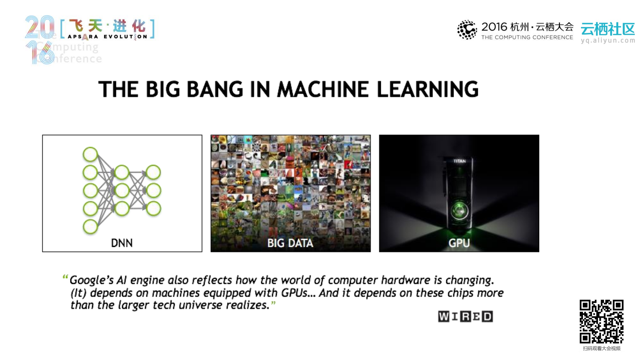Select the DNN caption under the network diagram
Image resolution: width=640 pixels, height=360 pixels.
click(x=122, y=243)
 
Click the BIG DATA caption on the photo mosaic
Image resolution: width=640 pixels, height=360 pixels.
click(x=290, y=243)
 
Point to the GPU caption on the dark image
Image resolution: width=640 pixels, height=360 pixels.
click(x=459, y=243)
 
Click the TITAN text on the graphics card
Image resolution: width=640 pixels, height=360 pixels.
click(x=459, y=161)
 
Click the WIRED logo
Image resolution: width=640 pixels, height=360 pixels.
click(x=465, y=316)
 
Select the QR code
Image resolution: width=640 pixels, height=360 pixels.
click(x=601, y=321)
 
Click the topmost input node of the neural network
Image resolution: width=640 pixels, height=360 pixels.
click(x=90, y=154)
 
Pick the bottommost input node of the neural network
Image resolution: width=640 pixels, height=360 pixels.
click(x=90, y=227)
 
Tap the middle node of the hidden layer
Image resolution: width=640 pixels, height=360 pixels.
click(x=122, y=191)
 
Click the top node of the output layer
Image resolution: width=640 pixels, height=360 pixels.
click(x=153, y=172)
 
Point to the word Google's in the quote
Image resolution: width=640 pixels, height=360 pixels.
click(x=89, y=280)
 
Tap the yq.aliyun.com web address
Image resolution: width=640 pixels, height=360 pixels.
click(x=608, y=40)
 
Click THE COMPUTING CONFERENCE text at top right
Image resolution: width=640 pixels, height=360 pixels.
click(x=527, y=37)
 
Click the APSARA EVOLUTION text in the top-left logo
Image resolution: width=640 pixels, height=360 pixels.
click(x=107, y=37)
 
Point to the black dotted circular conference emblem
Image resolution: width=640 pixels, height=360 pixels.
click(x=467, y=30)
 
